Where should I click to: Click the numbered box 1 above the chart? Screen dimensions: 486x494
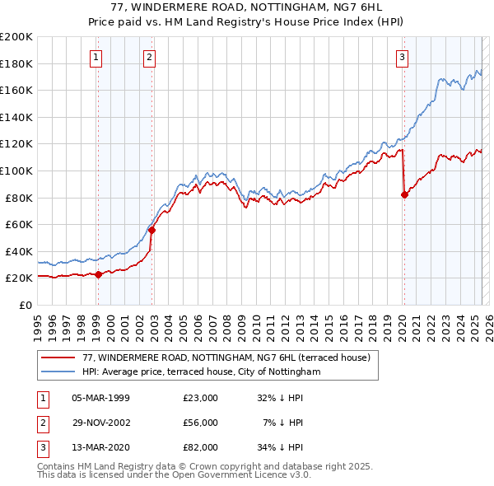[x=96, y=58]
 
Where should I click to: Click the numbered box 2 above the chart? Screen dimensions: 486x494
[x=149, y=58]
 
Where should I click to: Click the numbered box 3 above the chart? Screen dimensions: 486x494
[x=402, y=58]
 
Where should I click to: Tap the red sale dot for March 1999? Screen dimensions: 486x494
[x=98, y=274]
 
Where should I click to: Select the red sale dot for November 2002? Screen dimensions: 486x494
[x=152, y=230]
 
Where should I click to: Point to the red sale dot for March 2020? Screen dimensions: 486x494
[x=404, y=194]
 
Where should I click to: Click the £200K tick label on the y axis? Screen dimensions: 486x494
[x=16, y=36]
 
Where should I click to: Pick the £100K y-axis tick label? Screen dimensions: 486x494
[x=16, y=171]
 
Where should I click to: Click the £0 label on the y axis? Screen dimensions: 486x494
[x=25, y=305]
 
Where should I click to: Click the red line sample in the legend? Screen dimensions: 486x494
[x=58, y=357]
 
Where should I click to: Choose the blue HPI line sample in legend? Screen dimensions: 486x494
[x=58, y=372]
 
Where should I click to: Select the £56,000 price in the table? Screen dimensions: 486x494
[x=201, y=423]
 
